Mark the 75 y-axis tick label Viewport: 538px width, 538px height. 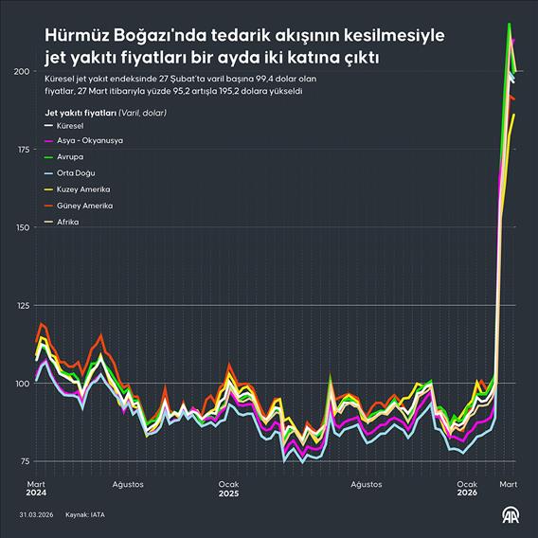coord(21,460)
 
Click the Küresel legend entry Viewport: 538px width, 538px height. coord(70,124)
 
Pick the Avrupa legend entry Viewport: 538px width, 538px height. coord(70,156)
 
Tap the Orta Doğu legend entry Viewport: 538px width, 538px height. coord(76,172)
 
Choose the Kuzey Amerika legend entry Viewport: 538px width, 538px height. coord(84,188)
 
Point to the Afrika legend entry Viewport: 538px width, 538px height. coord(67,221)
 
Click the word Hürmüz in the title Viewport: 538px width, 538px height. coord(81,35)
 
